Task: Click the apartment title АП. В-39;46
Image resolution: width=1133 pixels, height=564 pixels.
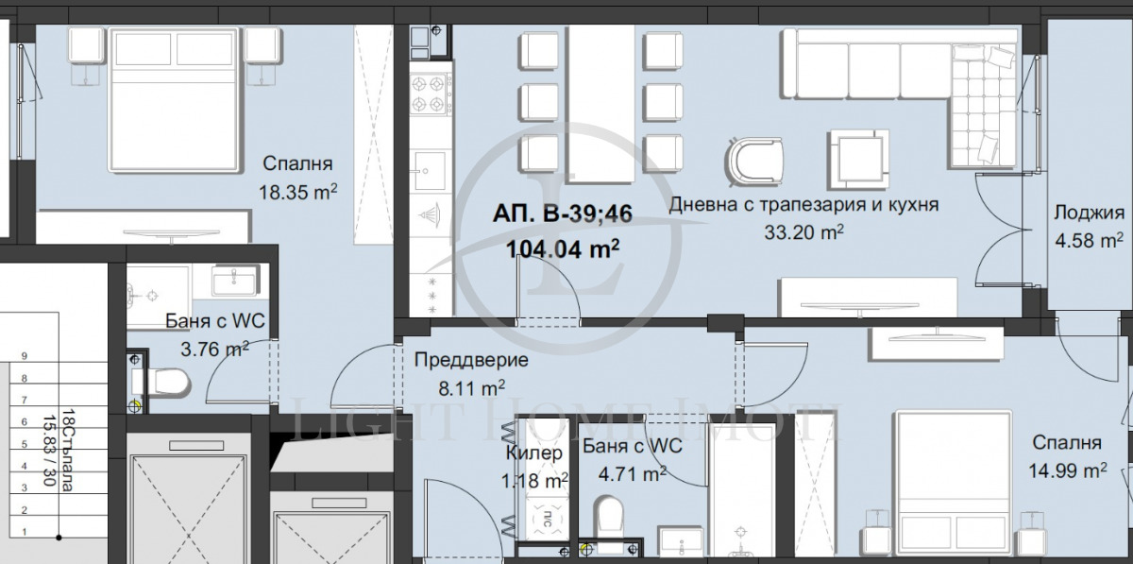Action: point(561,216)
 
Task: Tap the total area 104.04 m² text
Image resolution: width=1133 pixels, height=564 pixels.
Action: point(563,248)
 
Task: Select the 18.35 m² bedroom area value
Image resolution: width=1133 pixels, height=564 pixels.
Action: point(297,192)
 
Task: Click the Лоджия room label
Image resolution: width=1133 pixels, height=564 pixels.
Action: point(1089,212)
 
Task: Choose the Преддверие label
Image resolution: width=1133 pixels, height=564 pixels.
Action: point(471,360)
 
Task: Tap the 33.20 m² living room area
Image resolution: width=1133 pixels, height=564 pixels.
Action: point(803,231)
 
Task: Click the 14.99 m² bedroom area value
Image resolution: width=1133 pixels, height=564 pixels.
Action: point(1069,470)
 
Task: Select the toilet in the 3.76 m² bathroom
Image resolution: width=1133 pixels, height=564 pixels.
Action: point(170,383)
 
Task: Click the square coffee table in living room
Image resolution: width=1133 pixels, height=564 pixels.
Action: point(858,154)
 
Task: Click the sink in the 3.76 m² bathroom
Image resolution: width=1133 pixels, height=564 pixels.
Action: point(230,282)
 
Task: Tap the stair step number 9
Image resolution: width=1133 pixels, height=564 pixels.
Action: point(25,356)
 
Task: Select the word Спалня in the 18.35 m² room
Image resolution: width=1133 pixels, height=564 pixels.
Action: point(297,162)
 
